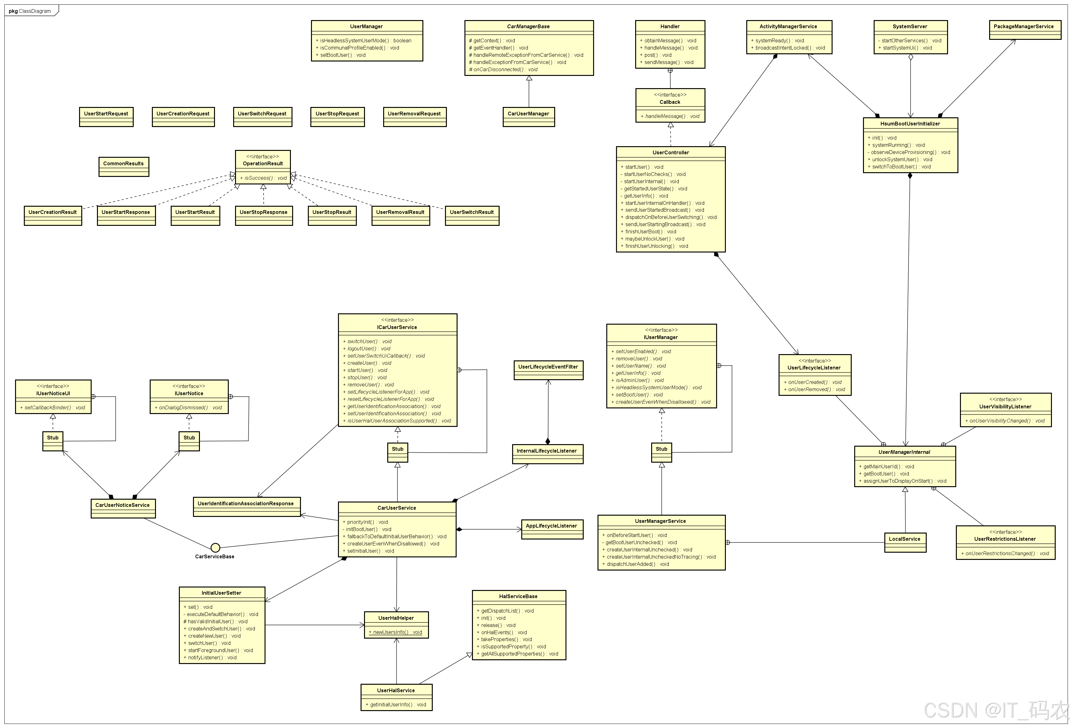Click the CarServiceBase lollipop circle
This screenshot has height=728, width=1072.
[215, 548]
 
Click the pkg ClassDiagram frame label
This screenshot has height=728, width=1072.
[30, 11]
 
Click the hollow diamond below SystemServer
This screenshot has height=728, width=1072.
[911, 57]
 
